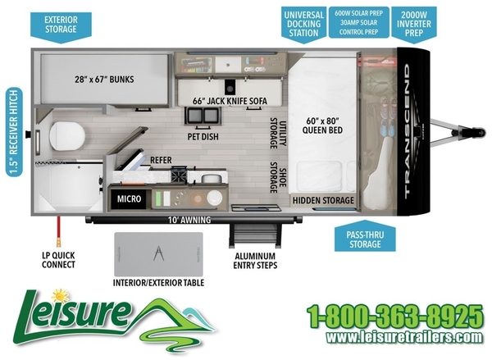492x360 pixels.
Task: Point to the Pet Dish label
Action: coord(202,136)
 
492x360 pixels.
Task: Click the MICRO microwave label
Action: coord(128,198)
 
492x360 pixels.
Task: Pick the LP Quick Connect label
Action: coord(58,259)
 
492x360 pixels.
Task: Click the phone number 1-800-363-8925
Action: coord(394,315)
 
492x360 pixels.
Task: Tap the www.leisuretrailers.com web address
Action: coord(394,337)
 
